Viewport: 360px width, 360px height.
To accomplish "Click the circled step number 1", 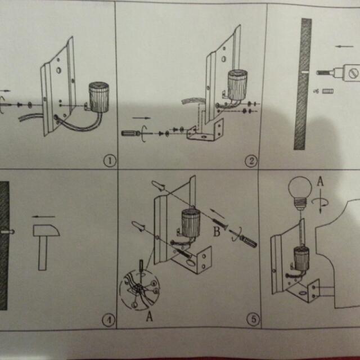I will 109,161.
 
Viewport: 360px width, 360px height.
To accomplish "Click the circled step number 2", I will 251,161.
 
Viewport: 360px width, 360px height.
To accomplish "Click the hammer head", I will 46,230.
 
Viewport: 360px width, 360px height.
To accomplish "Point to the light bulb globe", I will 300,188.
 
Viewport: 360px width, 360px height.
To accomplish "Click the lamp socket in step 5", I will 190,222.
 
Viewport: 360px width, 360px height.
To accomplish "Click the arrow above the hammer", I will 44,216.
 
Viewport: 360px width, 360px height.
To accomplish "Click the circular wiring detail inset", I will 139,289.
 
